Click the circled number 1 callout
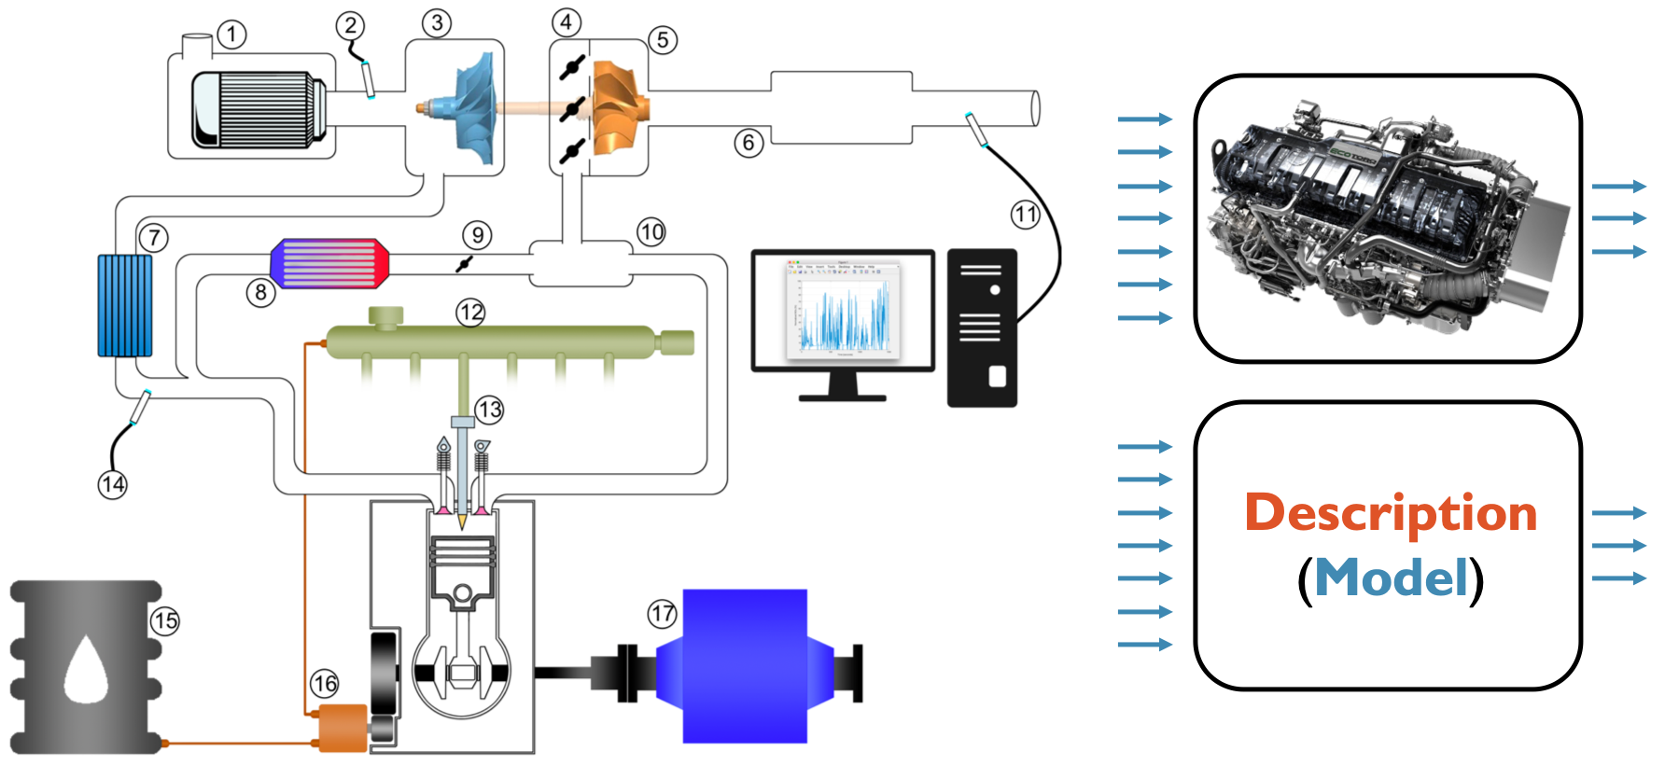point(231,35)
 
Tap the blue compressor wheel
point(476,107)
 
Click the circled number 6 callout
point(749,143)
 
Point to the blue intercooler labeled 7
point(125,305)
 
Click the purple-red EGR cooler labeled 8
point(329,263)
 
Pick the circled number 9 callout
point(477,234)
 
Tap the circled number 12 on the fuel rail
point(470,312)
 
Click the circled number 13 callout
point(489,409)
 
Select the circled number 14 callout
point(113,484)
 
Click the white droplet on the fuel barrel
point(86,670)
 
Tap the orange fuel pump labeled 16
point(343,728)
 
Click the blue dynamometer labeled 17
point(744,666)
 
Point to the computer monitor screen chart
point(843,308)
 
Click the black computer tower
point(982,327)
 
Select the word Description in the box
point(1391,513)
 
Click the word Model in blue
point(1392,577)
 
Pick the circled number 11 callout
point(1025,215)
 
